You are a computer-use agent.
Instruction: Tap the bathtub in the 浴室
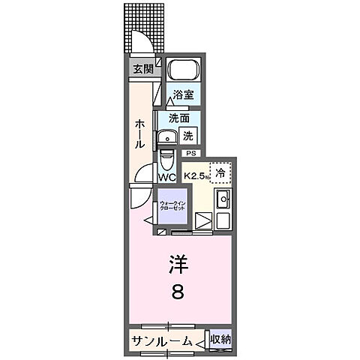[183, 71]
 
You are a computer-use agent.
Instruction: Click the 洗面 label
[178, 118]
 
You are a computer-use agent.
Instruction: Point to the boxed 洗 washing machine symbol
[190, 136]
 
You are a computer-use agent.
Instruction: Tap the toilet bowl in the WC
[166, 160]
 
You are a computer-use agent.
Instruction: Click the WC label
[166, 178]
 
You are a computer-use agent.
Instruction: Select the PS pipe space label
[190, 154]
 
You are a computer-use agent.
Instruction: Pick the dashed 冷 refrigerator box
[220, 173]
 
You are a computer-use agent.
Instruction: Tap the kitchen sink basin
[223, 200]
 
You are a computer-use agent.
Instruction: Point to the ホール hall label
[140, 133]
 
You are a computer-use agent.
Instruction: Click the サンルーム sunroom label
[159, 341]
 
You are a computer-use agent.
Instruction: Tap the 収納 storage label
[220, 340]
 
